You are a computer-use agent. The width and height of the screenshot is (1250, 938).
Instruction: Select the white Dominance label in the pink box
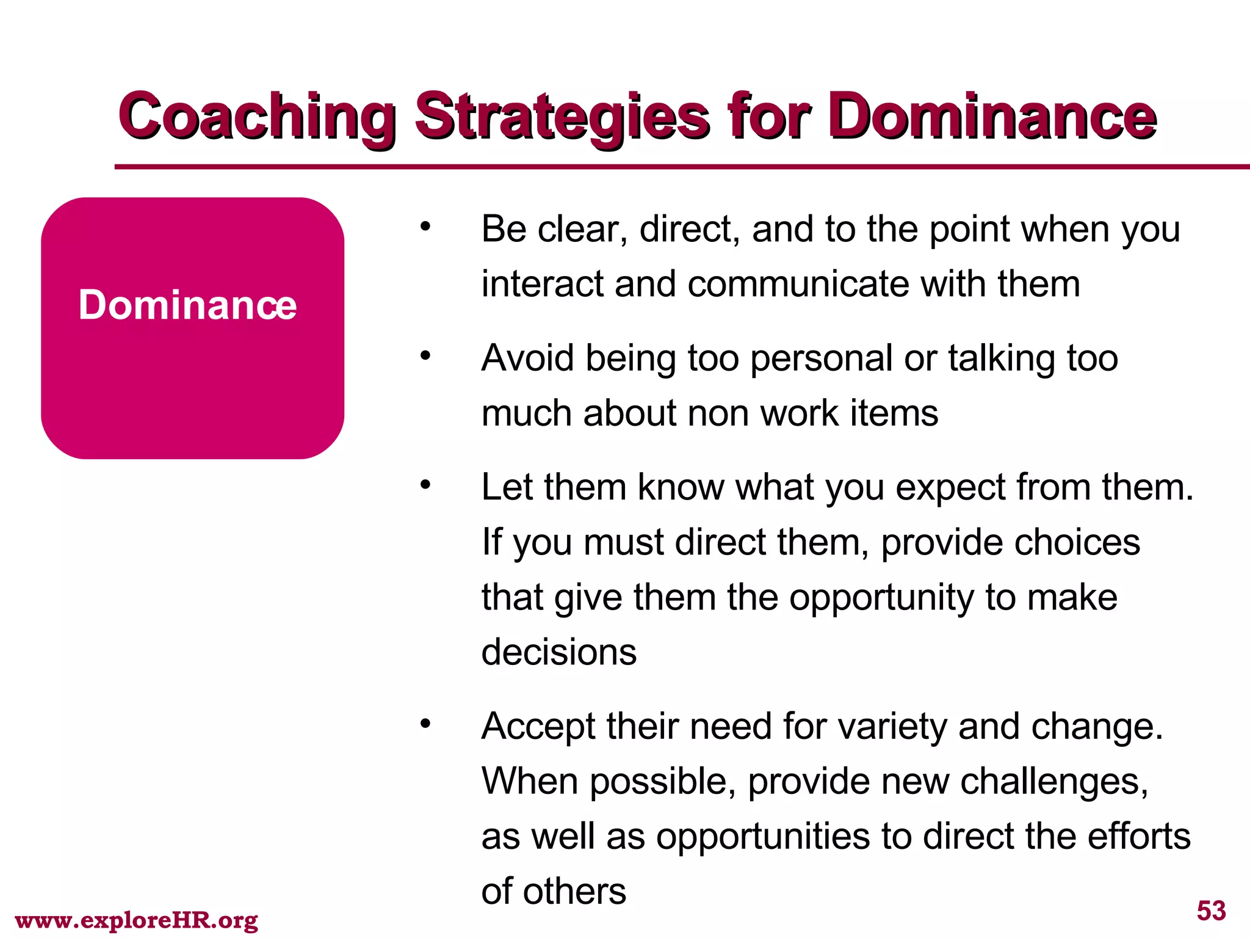pos(187,305)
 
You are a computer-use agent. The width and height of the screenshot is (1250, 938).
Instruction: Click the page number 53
pos(1211,911)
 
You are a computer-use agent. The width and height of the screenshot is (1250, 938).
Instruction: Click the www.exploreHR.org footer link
pos(136,920)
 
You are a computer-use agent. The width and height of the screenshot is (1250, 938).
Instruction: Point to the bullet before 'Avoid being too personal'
pos(425,356)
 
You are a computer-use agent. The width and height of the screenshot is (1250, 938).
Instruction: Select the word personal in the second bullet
pos(822,358)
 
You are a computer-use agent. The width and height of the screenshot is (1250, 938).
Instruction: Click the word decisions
pos(558,652)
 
